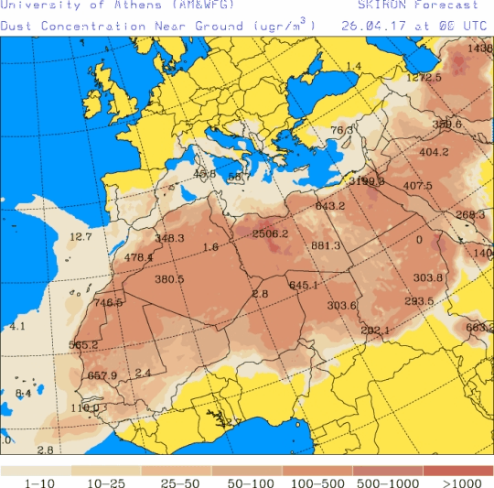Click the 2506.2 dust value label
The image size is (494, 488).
270,233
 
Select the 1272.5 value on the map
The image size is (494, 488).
424,78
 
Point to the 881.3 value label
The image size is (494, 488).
326,245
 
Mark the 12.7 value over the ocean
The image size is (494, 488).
81,237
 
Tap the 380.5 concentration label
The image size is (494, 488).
169,279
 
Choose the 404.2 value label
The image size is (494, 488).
434,152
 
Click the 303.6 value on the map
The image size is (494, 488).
341,306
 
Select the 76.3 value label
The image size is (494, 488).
341,130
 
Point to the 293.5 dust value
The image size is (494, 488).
419,301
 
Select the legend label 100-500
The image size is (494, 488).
317,482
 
